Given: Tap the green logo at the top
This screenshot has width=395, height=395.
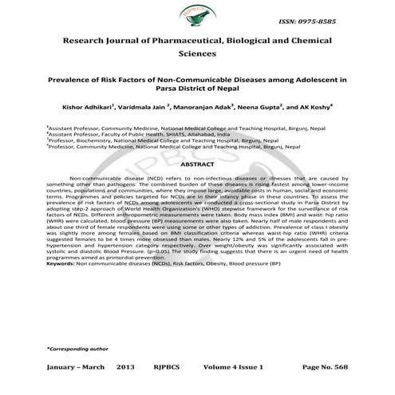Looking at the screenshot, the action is tap(197, 16).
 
